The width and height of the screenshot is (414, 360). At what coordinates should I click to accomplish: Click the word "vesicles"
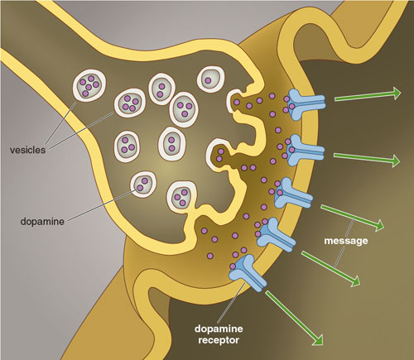tap(27, 150)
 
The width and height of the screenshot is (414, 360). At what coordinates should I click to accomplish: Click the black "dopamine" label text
tap(42, 222)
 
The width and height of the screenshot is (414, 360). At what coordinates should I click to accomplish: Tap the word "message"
tap(346, 241)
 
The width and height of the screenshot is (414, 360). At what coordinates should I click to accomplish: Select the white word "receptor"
tap(219, 340)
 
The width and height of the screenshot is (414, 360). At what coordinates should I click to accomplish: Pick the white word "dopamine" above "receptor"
tap(219, 329)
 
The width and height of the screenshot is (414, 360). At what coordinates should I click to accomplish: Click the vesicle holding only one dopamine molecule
tap(210, 79)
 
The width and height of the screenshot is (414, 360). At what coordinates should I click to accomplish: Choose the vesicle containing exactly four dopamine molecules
tap(130, 103)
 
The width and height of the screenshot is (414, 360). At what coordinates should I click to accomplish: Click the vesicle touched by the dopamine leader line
tap(143, 185)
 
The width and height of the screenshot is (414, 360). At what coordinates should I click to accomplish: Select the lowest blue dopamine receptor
tap(247, 273)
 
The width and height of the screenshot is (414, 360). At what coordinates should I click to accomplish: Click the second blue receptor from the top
tap(305, 151)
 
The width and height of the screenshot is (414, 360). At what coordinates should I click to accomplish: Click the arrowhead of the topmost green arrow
tap(397, 94)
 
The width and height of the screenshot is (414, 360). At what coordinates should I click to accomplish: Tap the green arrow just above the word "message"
tap(352, 218)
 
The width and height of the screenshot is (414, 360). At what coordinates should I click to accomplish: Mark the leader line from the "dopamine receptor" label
tap(231, 302)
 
